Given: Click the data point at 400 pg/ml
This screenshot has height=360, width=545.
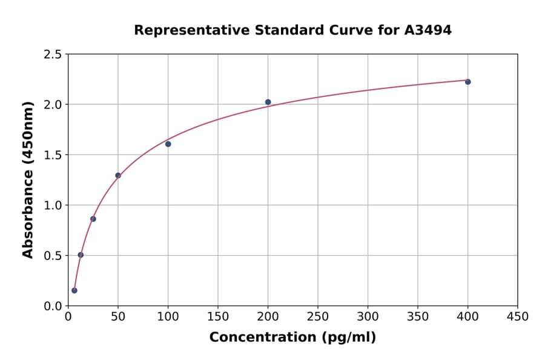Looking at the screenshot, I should click(467, 82).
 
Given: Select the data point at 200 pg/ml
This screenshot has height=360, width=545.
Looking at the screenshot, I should click(268, 102).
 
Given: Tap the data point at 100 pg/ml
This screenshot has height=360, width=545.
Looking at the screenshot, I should click(168, 144).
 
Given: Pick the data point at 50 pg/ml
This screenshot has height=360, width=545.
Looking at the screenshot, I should click(118, 176).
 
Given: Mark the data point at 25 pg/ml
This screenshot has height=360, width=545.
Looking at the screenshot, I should click(93, 219).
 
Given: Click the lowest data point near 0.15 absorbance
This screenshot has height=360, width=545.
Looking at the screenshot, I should click(74, 290).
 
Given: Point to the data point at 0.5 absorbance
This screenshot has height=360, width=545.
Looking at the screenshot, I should click(81, 255).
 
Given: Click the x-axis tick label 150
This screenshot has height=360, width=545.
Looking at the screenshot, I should click(218, 316).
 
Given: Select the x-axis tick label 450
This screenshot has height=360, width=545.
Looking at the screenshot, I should click(518, 316).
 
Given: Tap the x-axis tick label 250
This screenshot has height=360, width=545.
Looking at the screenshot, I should click(318, 316).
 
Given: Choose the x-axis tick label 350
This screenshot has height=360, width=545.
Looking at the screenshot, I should click(418, 316).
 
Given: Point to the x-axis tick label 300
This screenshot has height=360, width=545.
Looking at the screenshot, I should click(368, 316).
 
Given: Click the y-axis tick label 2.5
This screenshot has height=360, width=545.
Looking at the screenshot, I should click(53, 55).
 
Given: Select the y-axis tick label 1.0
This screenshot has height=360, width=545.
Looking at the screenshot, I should click(53, 205).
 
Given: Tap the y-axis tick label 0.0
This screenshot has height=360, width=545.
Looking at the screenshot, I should click(53, 306).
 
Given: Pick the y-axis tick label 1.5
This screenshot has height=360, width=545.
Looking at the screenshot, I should click(53, 155).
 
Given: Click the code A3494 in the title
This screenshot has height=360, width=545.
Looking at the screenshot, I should click(428, 30).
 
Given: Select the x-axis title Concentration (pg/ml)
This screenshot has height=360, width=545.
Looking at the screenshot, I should click(292, 338).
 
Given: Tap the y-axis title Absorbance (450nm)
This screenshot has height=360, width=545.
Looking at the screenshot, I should click(28, 179).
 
